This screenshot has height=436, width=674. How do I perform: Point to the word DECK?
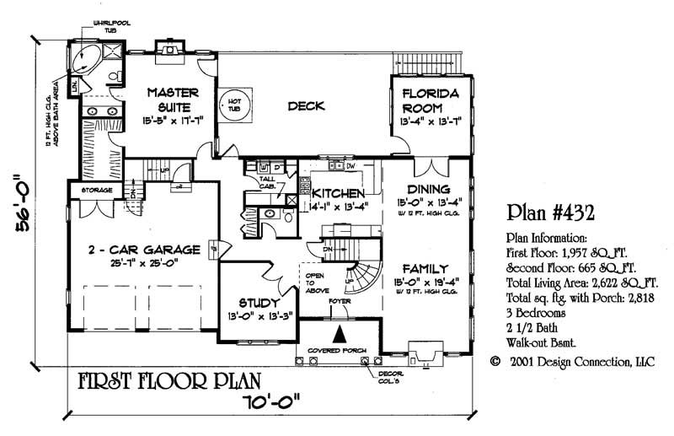point(307,106)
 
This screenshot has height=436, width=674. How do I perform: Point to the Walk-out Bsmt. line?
point(544,342)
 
